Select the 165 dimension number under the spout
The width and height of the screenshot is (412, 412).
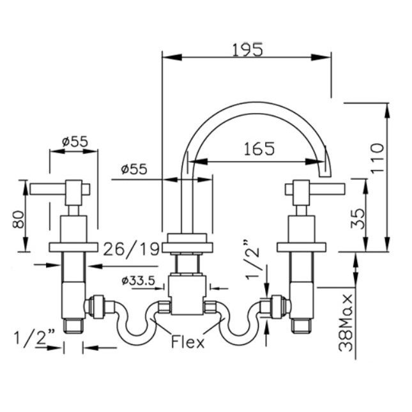259,149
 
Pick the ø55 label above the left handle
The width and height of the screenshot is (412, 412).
75,142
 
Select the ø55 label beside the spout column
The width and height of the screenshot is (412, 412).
134,169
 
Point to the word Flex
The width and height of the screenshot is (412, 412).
188,343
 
